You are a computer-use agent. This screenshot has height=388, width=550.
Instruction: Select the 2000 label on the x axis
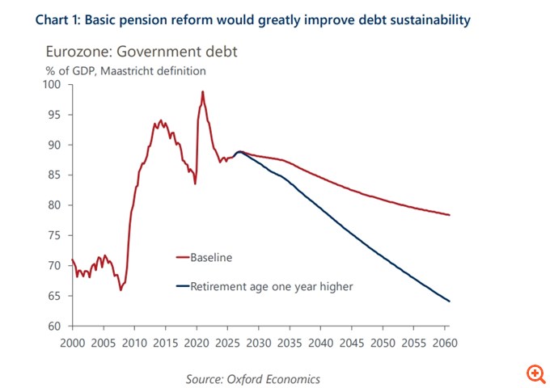(73, 342)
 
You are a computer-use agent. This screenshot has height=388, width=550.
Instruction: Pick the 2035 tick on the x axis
(290, 342)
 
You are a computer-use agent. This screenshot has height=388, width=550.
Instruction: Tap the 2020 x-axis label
(197, 342)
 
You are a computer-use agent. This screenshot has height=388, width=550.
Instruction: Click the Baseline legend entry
(211, 258)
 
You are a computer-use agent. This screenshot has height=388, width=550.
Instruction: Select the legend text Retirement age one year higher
(272, 285)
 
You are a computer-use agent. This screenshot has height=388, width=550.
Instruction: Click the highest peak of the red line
(202, 91)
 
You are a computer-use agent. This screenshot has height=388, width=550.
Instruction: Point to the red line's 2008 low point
(121, 289)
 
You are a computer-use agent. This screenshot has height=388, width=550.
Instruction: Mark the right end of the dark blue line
(449, 302)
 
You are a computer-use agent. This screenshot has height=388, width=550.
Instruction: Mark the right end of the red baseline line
(449, 215)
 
